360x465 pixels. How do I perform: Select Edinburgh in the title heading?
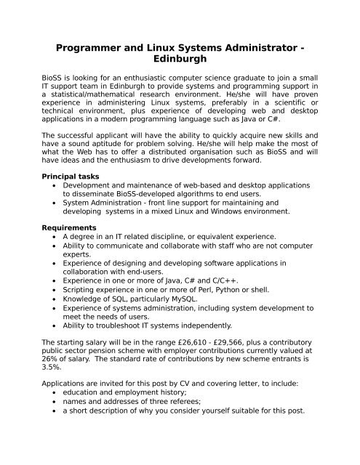click(x=180, y=64)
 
